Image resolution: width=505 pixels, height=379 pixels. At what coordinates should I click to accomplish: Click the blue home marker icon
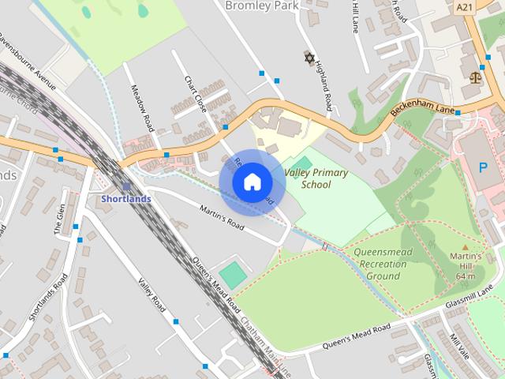tap(251, 182)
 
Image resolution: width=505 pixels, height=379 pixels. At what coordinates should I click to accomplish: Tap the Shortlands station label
tap(125, 199)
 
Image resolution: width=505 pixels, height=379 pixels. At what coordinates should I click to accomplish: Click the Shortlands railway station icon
tap(126, 186)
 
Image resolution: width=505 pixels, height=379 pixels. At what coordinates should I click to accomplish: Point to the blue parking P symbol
tap(484, 167)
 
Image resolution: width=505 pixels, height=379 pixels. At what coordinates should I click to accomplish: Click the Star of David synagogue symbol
tap(309, 58)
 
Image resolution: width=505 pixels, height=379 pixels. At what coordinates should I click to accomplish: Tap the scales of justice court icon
tap(475, 77)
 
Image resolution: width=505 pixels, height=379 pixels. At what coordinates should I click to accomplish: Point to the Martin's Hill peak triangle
tap(465, 246)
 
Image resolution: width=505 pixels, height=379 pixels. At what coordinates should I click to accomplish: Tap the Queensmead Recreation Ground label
tap(383, 264)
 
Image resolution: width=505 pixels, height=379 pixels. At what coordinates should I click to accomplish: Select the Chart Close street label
tap(196, 94)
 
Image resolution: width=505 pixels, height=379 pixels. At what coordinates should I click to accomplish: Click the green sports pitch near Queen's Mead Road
tap(233, 275)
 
